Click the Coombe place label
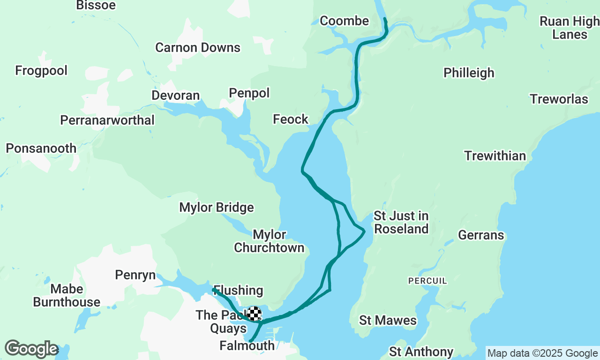point(344,21)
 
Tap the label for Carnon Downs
point(198,48)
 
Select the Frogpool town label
point(41,71)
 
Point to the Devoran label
point(175,96)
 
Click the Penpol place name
point(249,93)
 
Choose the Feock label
point(291,120)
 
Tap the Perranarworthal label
point(107,120)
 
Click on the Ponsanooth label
point(41,149)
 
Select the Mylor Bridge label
point(217,208)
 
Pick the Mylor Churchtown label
point(269,241)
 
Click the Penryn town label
point(135,275)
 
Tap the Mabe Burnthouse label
point(67,295)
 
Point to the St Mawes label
point(388,321)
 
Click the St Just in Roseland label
point(401,222)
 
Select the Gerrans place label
point(481,235)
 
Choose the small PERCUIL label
point(427,281)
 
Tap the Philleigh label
point(469,73)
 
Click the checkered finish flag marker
point(254,313)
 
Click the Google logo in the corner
point(31,349)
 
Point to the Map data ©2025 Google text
point(542,353)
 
